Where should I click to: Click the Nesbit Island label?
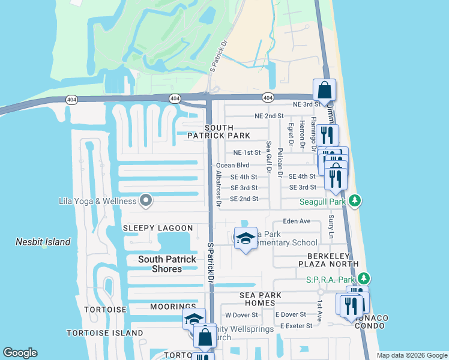pyautogui.click(x=43, y=242)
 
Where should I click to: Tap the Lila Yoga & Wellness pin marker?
pyautogui.click(x=145, y=201)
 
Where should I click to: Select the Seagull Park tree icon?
pyautogui.click(x=355, y=200)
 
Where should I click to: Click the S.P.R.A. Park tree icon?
pyautogui.click(x=364, y=279)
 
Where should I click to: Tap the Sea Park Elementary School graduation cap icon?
pyautogui.click(x=245, y=238)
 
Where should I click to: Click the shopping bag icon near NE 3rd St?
pyautogui.click(x=324, y=91)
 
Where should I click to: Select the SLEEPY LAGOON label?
pyautogui.click(x=158, y=228)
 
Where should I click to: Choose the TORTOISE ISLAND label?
pyautogui.click(x=105, y=332)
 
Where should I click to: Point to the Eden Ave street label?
pyautogui.click(x=297, y=221)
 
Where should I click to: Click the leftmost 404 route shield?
pyautogui.click(x=71, y=100)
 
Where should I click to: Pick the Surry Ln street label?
pyautogui.click(x=330, y=229)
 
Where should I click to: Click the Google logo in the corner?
pyautogui.click(x=20, y=353)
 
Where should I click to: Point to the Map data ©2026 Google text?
pyautogui.click(x=411, y=355)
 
